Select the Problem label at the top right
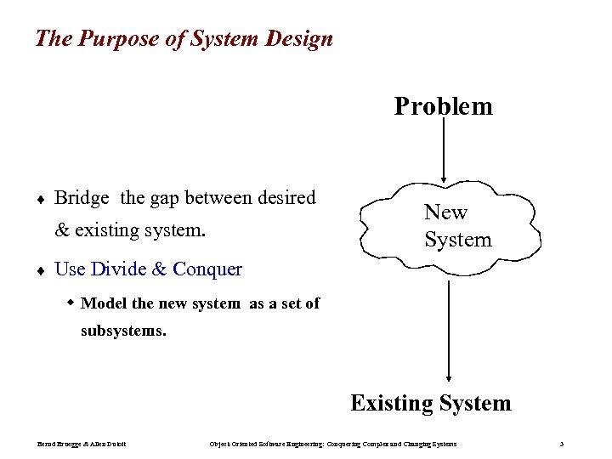[x=443, y=106]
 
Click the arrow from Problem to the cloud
[x=444, y=153]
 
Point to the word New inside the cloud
[x=445, y=212]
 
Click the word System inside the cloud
[x=457, y=240]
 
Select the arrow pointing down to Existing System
[x=449, y=331]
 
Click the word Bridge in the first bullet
[x=82, y=198]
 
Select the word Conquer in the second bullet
[x=207, y=269]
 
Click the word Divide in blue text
[x=118, y=269]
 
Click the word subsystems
[x=123, y=331]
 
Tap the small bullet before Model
[x=71, y=303]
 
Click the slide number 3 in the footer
[x=562, y=445]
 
